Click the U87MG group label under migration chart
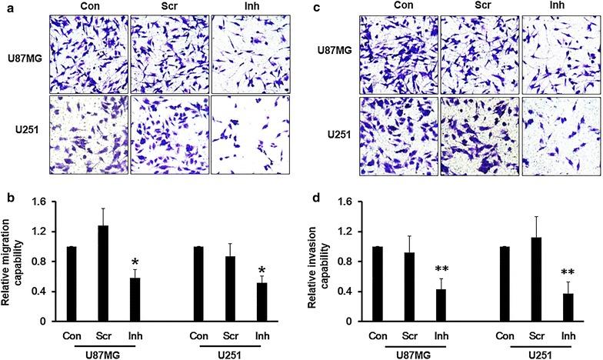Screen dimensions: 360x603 (x=105, y=353)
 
